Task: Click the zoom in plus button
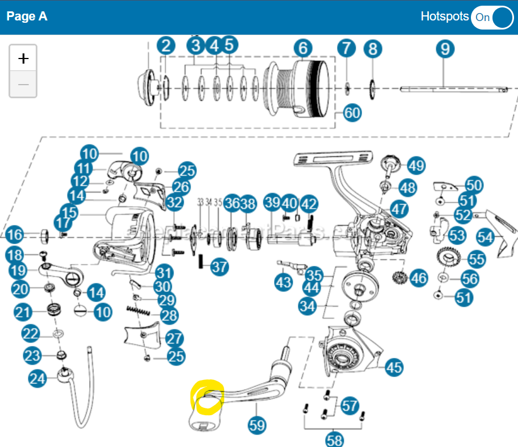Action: (x=23, y=58)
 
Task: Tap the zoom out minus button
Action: (x=23, y=85)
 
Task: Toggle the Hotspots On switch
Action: (x=492, y=17)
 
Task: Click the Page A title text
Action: (x=27, y=16)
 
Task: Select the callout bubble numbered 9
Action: (x=445, y=49)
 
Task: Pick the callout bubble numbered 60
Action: (x=352, y=112)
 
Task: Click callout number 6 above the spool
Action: (x=303, y=48)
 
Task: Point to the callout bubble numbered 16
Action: (x=15, y=234)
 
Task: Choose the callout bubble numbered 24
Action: (x=38, y=379)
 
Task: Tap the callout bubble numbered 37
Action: (x=220, y=266)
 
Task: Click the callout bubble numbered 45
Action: (x=394, y=367)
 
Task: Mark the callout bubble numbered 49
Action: (x=416, y=166)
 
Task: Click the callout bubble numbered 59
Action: (x=258, y=423)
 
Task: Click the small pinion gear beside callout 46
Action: (x=401, y=278)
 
